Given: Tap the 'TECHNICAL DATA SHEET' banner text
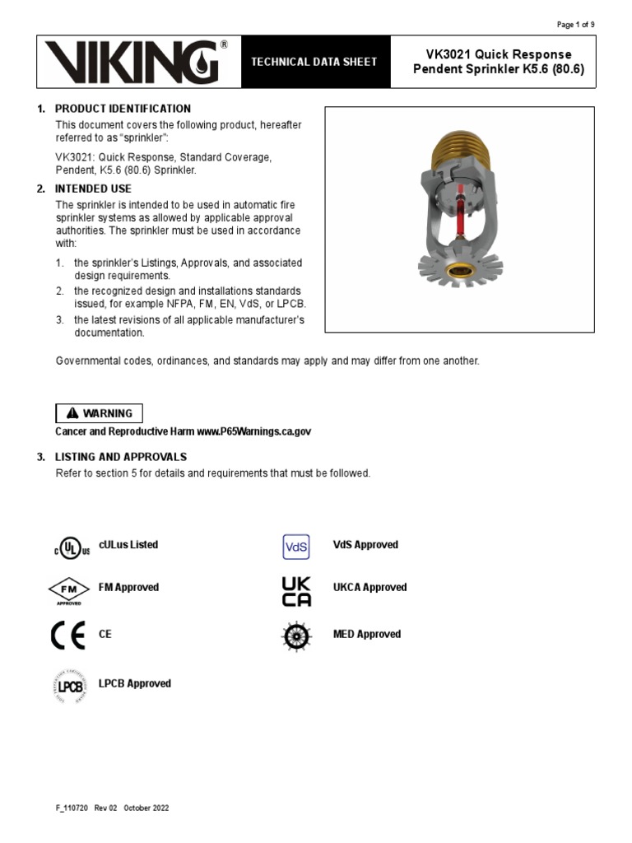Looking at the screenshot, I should pyautogui.click(x=313, y=62).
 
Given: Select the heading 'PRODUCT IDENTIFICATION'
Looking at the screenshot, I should pyautogui.click(x=123, y=109).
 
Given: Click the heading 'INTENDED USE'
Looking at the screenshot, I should pyautogui.click(x=93, y=189).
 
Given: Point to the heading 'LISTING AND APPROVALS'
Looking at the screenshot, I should pyautogui.click(x=121, y=456).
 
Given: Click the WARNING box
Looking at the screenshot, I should pyautogui.click(x=100, y=413).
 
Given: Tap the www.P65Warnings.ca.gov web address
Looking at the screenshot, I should pyautogui.click(x=254, y=431).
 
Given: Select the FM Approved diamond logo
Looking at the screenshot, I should pyautogui.click(x=68, y=590).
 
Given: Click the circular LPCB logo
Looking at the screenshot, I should pyautogui.click(x=70, y=685).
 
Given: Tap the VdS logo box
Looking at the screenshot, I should pyautogui.click(x=295, y=546).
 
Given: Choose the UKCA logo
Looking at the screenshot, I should pyautogui.click(x=296, y=590).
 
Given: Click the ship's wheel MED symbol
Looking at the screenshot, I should pyautogui.click(x=296, y=636).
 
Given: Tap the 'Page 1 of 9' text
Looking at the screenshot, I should pyautogui.click(x=576, y=25).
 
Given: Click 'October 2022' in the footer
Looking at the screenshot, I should pyautogui.click(x=146, y=808).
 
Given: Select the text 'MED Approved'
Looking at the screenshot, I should pyautogui.click(x=367, y=634).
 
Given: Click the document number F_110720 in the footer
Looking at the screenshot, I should pyautogui.click(x=72, y=808).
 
